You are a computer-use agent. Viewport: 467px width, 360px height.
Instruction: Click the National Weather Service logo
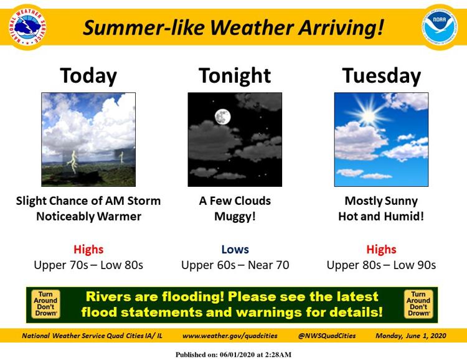tap(27, 27)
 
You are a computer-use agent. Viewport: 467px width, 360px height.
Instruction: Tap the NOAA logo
tap(440, 27)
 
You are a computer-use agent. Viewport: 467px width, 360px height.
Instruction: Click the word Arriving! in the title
tap(341, 28)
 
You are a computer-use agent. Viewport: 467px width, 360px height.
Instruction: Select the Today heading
tap(88, 76)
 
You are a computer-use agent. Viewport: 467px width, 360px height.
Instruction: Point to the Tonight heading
tap(235, 76)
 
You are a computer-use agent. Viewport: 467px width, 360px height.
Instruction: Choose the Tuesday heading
tap(381, 76)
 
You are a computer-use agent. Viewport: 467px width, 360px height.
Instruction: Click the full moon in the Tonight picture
tap(222, 116)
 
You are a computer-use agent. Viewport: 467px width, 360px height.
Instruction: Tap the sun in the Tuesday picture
tap(369, 116)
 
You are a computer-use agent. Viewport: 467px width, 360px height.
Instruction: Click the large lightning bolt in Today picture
tap(73, 162)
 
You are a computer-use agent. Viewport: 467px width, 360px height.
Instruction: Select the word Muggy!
tap(235, 217)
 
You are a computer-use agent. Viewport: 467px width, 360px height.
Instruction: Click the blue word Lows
tap(235, 249)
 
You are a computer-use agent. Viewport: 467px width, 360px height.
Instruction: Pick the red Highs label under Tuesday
tap(381, 249)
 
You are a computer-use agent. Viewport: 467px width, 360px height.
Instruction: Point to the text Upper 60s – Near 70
tap(235, 265)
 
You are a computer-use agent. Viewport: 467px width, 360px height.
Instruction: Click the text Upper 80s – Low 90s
tap(381, 265)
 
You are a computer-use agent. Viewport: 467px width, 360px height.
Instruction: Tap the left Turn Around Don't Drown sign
tap(45, 304)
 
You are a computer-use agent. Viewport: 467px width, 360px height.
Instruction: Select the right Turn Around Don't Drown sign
tap(418, 304)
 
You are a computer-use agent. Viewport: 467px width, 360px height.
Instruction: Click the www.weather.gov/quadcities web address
tap(230, 336)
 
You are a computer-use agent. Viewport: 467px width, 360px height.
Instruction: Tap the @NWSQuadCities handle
tap(327, 336)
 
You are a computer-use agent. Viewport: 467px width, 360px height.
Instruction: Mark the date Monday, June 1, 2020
tap(411, 336)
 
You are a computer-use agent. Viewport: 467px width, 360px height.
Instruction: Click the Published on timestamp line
tap(233, 354)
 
